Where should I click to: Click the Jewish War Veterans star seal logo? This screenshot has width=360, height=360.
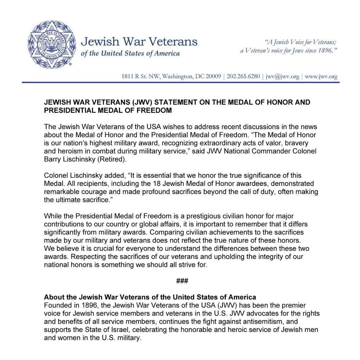click(x=52, y=45)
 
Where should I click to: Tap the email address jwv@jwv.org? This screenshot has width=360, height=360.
click(x=282, y=76)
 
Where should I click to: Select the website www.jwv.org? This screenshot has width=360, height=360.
click(x=321, y=76)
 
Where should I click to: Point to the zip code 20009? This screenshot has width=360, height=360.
click(x=213, y=76)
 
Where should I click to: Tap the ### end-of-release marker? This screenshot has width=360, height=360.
click(x=182, y=281)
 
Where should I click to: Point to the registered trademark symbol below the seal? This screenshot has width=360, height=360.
click(x=70, y=64)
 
